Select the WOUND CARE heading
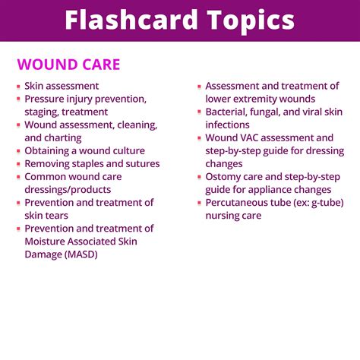pyautogui.click(x=68, y=65)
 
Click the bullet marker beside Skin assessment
pyautogui.click(x=18, y=87)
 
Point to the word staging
pyautogui.click(x=46, y=112)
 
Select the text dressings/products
pyautogui.click(x=68, y=189)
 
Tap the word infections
pyautogui.click(x=228, y=125)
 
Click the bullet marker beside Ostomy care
pyautogui.click(x=199, y=177)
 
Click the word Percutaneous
pyautogui.click(x=241, y=202)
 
